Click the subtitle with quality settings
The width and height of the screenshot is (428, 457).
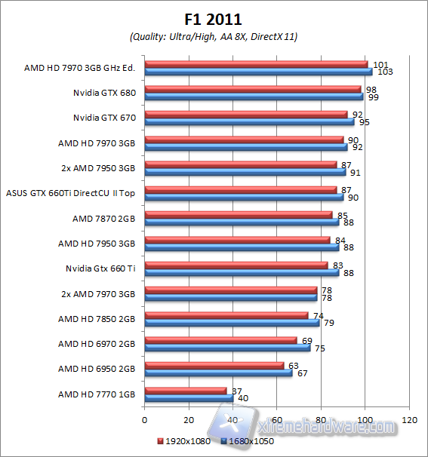(x=214, y=36)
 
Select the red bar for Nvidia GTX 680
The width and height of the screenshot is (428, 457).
(x=252, y=89)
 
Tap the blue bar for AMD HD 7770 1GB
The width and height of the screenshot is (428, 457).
(x=188, y=397)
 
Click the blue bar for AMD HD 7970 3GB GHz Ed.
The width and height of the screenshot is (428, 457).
(x=257, y=72)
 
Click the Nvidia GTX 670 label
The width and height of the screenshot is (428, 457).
(x=103, y=118)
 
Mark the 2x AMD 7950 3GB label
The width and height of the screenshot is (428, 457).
(x=97, y=168)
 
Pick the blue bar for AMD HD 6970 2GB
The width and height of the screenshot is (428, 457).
(x=226, y=348)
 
